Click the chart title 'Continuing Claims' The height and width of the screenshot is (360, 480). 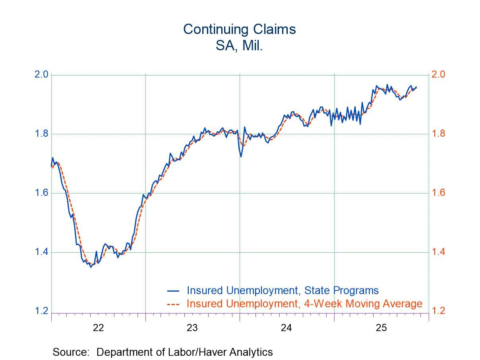pos(239,29)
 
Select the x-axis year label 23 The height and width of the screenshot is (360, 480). pos(192,328)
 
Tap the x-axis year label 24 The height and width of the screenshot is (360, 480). pos(286,328)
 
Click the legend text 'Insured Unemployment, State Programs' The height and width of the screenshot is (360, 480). pos(282,290)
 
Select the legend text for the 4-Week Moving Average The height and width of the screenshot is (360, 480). pos(304,304)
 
